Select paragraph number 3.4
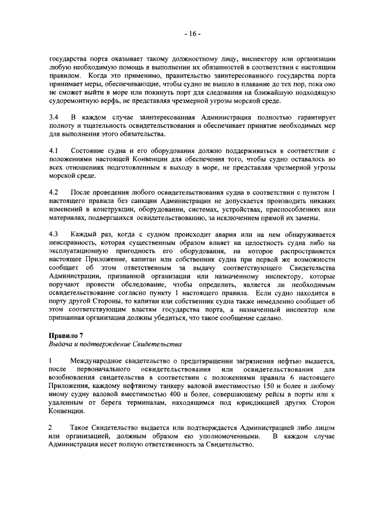coord(54,118)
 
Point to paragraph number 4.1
coord(54,151)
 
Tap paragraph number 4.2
coord(54,193)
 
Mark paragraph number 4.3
coord(54,234)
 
